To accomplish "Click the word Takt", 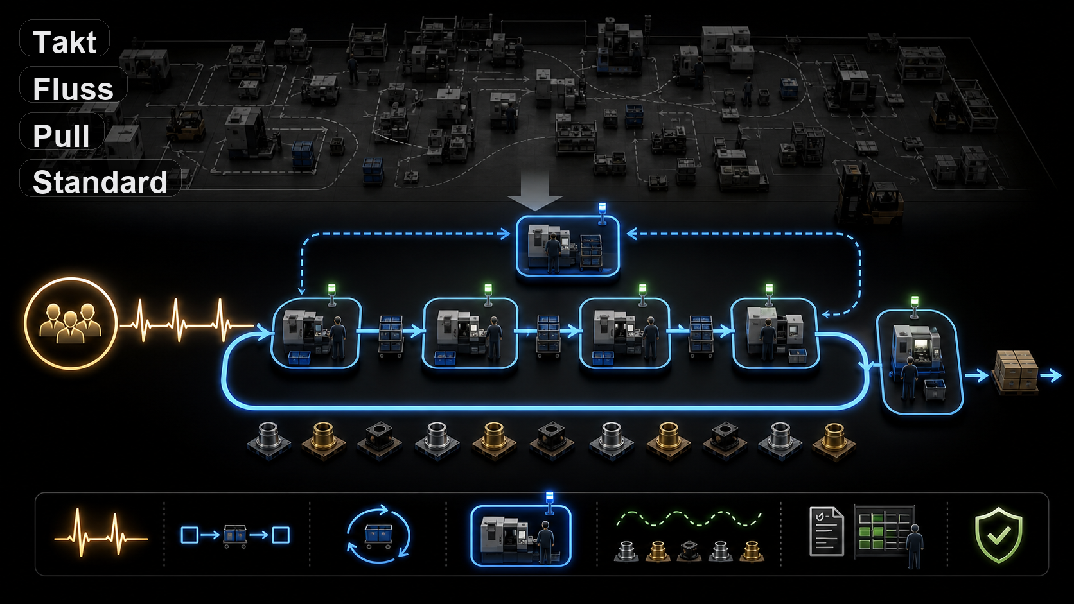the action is pyautogui.click(x=64, y=42).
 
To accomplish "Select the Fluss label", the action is pyautogui.click(x=73, y=89).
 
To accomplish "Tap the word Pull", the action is pyautogui.click(x=62, y=135).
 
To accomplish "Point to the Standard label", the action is pyautogui.click(x=100, y=182).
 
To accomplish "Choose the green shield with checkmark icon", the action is pyautogui.click(x=999, y=535).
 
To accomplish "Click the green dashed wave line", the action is pyautogui.click(x=689, y=519).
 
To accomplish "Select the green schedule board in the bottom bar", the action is pyautogui.click(x=883, y=531).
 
